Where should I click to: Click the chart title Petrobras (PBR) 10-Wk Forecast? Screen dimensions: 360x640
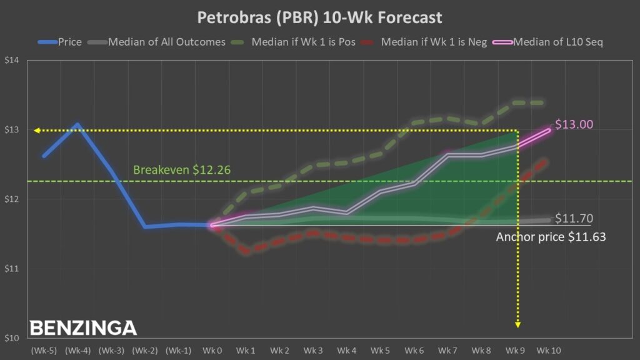coord(319,17)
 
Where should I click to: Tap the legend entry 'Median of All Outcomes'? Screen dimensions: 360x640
coord(159,42)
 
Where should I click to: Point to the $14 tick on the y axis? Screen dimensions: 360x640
coord(12,61)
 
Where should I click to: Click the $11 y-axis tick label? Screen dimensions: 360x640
coord(12,269)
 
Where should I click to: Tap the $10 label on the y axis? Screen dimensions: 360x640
coord(12,338)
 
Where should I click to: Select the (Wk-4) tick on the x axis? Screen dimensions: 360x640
coord(77,350)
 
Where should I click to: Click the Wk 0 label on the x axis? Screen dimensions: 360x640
coord(212,350)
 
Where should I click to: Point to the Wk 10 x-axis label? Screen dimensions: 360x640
coord(549,350)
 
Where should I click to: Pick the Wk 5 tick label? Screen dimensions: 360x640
coord(380,350)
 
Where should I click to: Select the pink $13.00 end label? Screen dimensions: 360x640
coord(573,124)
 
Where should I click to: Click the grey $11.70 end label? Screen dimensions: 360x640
coord(573,219)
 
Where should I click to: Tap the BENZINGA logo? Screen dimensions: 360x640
coord(83,327)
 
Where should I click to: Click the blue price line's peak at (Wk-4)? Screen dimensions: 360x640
coord(77,124)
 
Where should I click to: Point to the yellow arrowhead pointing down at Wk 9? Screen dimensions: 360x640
coord(517,324)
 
